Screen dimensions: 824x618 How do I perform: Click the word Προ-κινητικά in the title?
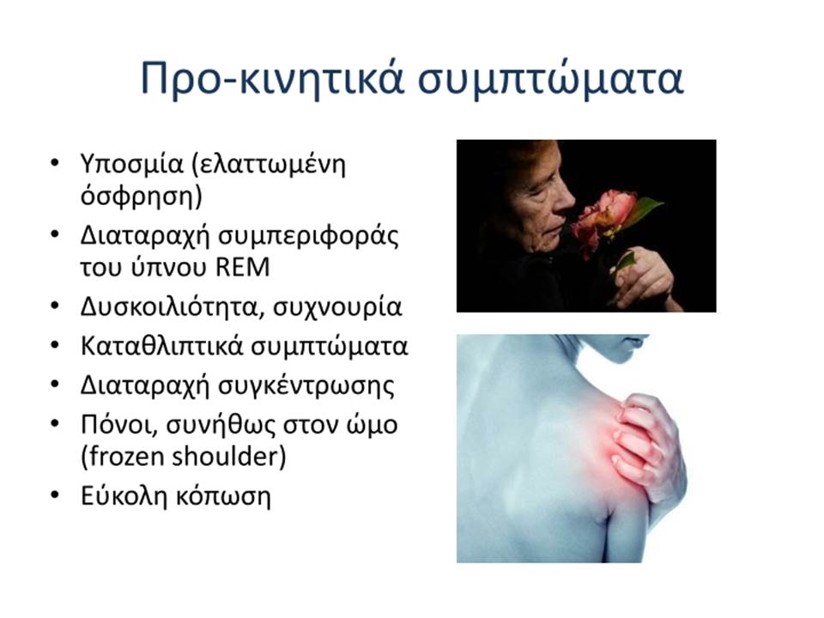(272, 78)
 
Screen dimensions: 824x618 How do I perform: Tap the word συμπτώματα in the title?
(551, 80)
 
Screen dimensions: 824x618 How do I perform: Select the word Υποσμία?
(132, 165)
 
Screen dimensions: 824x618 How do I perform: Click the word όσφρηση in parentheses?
(137, 196)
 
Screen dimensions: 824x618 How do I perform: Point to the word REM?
(243, 267)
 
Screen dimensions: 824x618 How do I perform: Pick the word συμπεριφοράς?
(308, 236)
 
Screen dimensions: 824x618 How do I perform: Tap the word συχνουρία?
(337, 308)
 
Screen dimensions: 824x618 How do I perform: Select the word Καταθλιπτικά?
(162, 346)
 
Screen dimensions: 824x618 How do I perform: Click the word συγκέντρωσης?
(306, 386)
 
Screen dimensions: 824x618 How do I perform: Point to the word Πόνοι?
(118, 425)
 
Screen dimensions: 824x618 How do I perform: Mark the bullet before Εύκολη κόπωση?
(55, 495)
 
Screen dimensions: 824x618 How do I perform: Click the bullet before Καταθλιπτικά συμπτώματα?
(55, 345)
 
